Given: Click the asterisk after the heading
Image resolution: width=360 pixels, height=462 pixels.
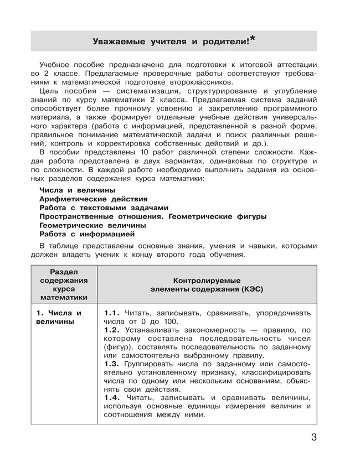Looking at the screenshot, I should (253, 38).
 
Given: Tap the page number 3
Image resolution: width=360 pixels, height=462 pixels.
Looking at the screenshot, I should (314, 439).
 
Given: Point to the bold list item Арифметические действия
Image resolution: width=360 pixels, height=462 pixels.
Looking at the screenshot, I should (93, 199).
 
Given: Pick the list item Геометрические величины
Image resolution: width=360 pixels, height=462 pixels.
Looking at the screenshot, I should (92, 225).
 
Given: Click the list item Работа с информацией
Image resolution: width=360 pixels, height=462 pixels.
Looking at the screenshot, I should (87, 234).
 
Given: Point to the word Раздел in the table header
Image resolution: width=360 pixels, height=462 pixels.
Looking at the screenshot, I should (64, 271).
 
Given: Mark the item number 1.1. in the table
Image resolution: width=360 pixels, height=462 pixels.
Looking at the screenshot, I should (112, 313).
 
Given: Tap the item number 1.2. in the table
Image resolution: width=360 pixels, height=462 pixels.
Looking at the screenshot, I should (112, 330).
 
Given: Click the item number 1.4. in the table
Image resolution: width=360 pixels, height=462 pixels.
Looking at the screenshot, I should (112, 398).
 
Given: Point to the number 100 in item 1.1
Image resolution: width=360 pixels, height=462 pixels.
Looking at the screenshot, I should (171, 321).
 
